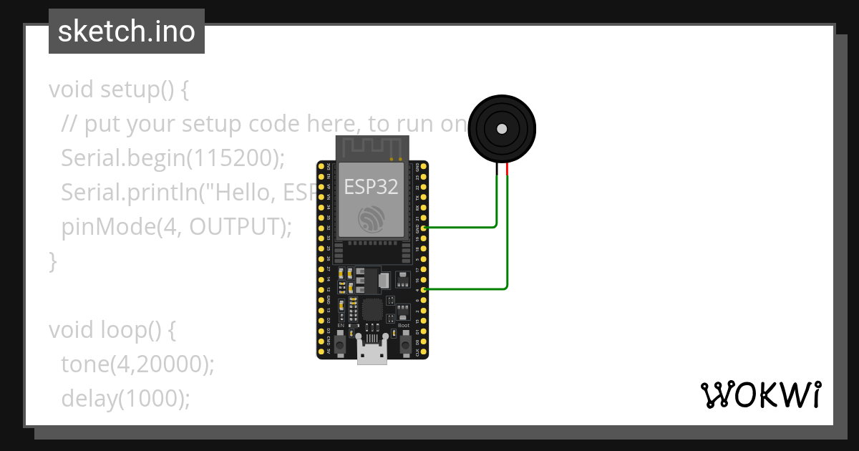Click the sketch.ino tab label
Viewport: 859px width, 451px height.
[x=127, y=31]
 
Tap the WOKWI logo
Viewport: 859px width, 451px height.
[x=760, y=394]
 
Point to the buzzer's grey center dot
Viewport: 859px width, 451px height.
[x=502, y=129]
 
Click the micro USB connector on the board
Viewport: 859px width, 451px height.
[x=372, y=354]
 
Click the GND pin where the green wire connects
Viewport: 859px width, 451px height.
[x=425, y=228]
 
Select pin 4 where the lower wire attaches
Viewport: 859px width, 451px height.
[x=425, y=289]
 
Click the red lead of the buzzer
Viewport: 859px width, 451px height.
[x=508, y=169]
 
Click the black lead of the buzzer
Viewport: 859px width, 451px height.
[x=497, y=169]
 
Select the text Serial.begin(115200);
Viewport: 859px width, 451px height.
[x=173, y=158]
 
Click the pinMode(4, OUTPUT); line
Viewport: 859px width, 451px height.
[x=177, y=227]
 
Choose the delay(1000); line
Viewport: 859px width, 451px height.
[x=126, y=399]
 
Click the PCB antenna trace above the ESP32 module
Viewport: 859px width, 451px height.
[x=371, y=147]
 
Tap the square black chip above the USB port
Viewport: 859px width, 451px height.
[x=372, y=311]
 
